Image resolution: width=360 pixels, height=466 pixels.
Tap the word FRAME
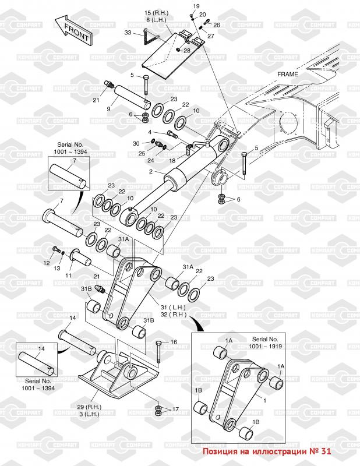pos(287,74)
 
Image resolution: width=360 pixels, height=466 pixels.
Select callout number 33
pos(128,33)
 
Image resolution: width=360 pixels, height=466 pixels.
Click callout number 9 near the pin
pos(108,109)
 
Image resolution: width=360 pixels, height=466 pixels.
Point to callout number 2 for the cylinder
pos(150,171)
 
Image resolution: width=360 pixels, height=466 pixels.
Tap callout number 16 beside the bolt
pos(174,342)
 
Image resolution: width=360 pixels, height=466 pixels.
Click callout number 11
pos(68,275)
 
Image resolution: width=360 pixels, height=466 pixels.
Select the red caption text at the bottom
pos(266,451)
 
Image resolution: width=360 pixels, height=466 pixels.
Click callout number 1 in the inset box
pos(264,400)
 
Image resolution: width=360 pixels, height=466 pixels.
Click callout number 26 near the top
pos(216,25)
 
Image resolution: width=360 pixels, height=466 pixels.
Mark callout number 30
pos(136,143)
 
